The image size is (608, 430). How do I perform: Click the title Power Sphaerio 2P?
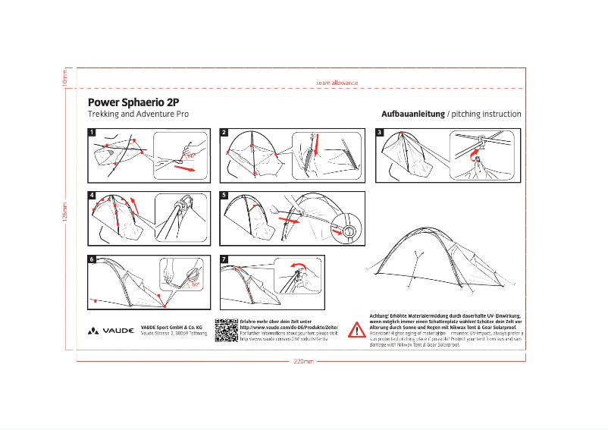click(x=133, y=101)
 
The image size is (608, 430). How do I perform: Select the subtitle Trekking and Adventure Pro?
click(x=138, y=114)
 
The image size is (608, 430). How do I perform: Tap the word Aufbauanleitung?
click(x=413, y=114)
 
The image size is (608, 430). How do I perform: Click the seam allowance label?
click(x=336, y=82)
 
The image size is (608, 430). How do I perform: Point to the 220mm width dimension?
click(x=303, y=361)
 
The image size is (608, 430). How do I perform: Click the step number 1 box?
click(x=92, y=132)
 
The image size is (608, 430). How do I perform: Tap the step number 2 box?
click(x=224, y=132)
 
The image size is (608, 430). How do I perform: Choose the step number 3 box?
click(x=380, y=132)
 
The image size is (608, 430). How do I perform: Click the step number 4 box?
click(x=92, y=195)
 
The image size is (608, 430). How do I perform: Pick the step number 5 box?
click(x=224, y=195)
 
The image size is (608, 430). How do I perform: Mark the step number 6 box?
click(x=92, y=259)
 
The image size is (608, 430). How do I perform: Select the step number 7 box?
click(x=224, y=259)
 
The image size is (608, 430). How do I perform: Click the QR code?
click(x=227, y=330)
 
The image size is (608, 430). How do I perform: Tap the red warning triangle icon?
click(x=356, y=330)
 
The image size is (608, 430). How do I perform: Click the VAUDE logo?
click(x=111, y=331)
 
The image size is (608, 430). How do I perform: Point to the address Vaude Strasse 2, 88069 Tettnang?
click(x=174, y=334)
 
